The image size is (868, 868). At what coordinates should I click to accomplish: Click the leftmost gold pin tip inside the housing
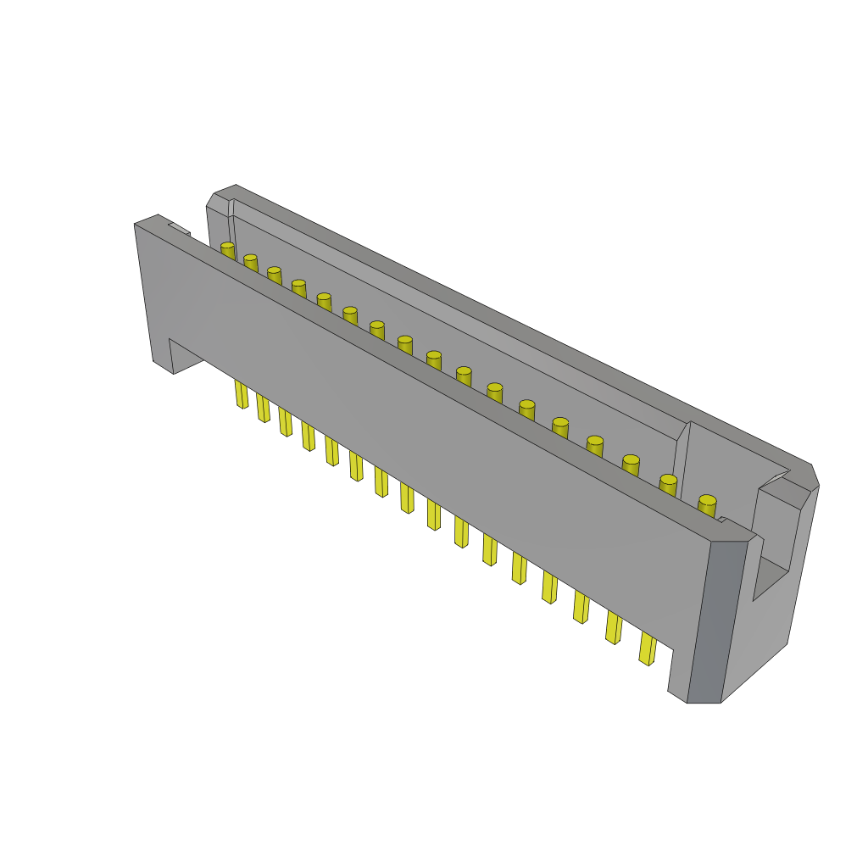(x=227, y=247)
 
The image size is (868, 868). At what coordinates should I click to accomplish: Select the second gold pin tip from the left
(x=250, y=259)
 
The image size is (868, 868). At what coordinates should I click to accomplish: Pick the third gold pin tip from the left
(x=274, y=272)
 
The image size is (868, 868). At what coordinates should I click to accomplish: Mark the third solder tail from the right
(x=581, y=607)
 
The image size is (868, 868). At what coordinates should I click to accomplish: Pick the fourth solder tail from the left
(x=308, y=436)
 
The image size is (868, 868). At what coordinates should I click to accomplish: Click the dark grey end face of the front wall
(x=716, y=623)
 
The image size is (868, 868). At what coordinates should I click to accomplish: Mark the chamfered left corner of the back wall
(x=219, y=202)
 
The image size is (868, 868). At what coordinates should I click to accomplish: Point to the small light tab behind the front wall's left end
(x=179, y=227)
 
